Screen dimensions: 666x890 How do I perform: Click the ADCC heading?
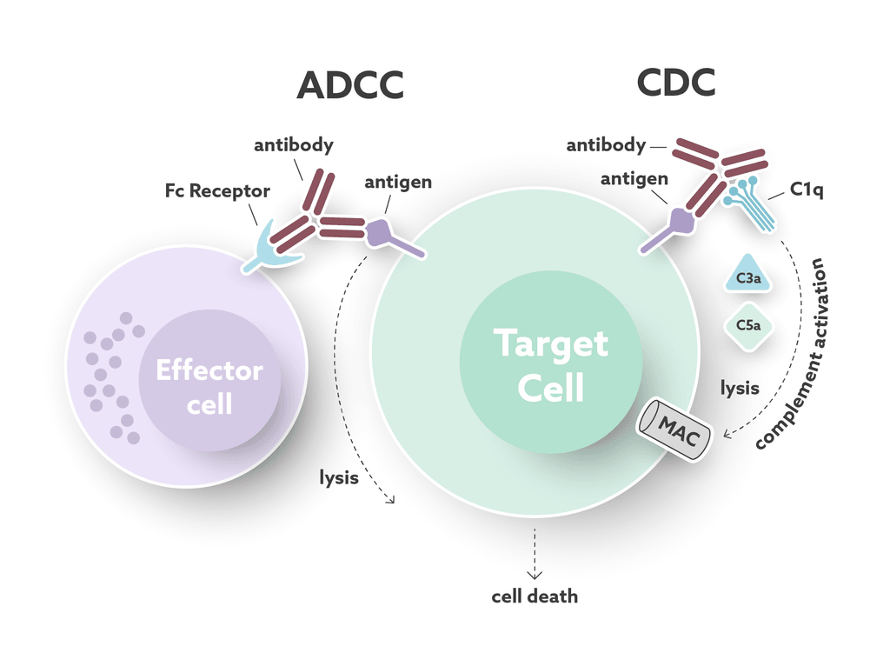[350, 85]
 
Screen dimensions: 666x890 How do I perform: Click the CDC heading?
[675, 83]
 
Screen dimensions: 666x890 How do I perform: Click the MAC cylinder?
[674, 428]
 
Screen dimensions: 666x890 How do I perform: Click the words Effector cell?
[209, 387]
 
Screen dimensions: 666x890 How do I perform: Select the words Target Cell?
[551, 365]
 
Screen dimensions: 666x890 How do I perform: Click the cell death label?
[535, 596]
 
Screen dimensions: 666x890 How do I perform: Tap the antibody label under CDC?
[606, 145]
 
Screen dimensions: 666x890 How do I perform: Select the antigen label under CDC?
[634, 179]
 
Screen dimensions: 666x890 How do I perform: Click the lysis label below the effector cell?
[338, 476]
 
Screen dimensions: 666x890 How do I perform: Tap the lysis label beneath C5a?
[740, 387]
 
